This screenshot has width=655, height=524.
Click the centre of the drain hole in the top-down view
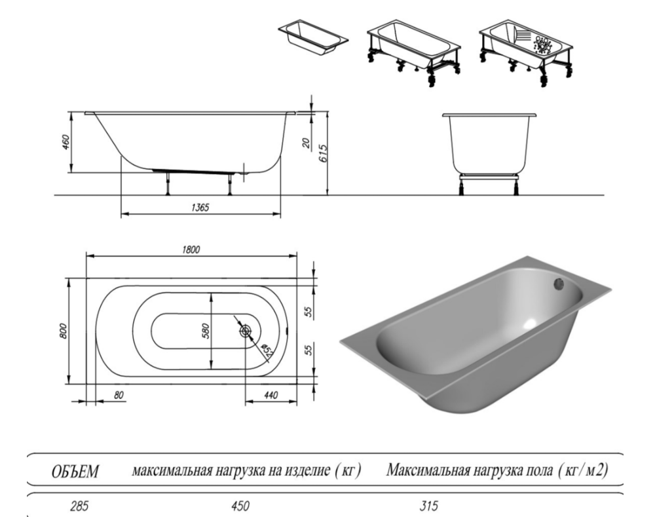(x=245, y=331)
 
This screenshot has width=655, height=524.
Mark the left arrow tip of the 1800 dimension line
(x=86, y=255)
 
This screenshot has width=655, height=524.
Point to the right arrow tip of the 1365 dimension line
(x=280, y=214)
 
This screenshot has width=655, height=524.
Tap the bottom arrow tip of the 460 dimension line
(x=72, y=172)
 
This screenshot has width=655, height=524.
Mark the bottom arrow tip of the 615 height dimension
(x=327, y=195)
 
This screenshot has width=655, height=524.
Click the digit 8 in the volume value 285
(x=79, y=507)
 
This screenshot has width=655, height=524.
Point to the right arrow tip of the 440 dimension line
(x=297, y=402)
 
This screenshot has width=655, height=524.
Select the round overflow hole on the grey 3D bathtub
(x=559, y=284)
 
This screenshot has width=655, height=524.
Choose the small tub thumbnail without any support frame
(x=313, y=37)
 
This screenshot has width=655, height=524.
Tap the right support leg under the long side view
(x=230, y=184)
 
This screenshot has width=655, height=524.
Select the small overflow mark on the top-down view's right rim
(x=288, y=331)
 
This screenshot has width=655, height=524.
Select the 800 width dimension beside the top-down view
(x=63, y=331)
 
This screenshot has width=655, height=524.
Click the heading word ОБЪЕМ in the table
(x=75, y=472)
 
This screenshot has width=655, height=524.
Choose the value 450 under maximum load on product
(x=240, y=506)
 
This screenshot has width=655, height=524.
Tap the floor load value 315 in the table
(x=428, y=506)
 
